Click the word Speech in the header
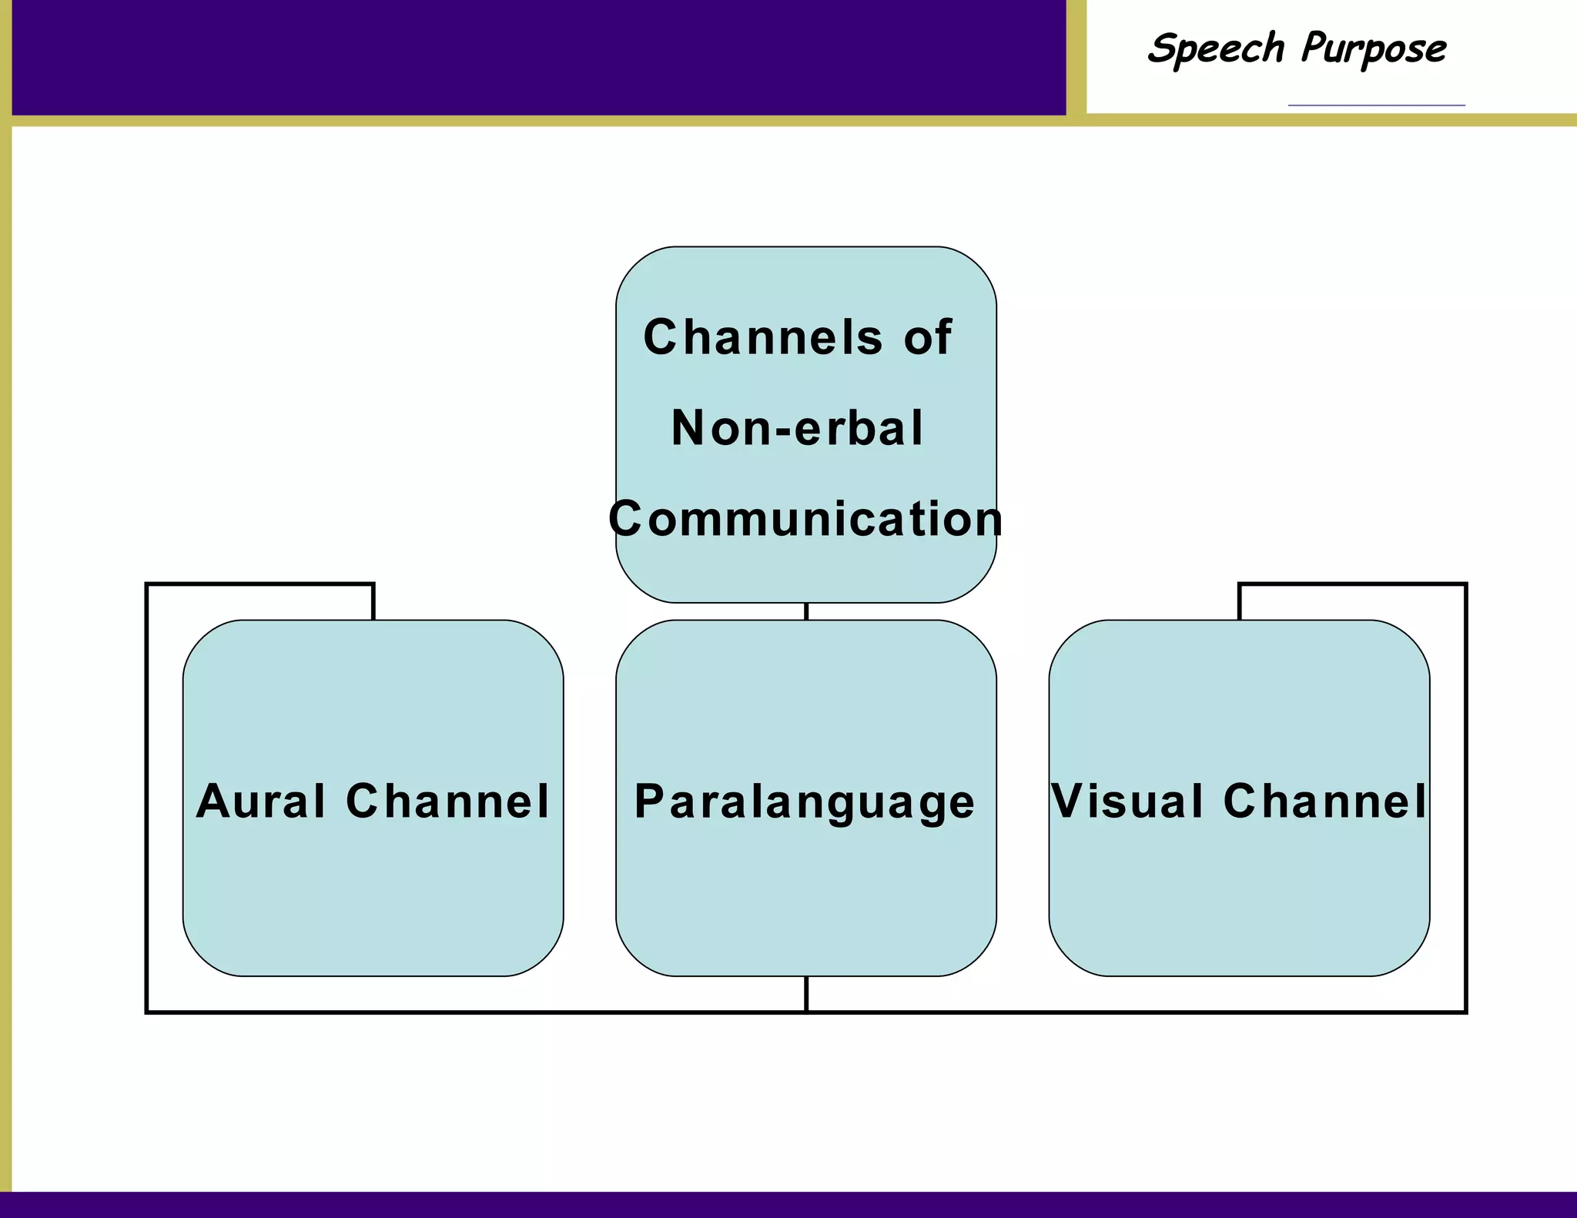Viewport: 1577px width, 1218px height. (1215, 49)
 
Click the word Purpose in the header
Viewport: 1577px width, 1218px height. (1374, 49)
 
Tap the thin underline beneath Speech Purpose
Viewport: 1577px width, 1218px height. (1376, 105)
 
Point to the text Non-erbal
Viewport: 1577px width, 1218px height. (798, 428)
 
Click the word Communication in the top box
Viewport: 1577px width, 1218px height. (805, 518)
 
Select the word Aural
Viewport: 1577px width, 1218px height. (262, 801)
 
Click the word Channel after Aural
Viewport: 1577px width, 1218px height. (448, 801)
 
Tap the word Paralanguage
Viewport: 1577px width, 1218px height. (805, 801)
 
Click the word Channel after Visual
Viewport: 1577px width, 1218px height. (1325, 801)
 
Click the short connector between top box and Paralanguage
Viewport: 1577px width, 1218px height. (806, 611)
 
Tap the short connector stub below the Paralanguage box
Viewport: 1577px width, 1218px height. (806, 993)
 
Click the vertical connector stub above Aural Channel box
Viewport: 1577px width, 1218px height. (373, 602)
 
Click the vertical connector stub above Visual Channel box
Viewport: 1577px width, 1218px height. (1240, 602)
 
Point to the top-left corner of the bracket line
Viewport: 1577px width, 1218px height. (147, 585)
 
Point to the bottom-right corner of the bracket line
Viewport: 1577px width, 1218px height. (1465, 1012)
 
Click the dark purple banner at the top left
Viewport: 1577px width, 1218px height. (539, 58)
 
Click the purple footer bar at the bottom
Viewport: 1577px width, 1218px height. (788, 1205)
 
